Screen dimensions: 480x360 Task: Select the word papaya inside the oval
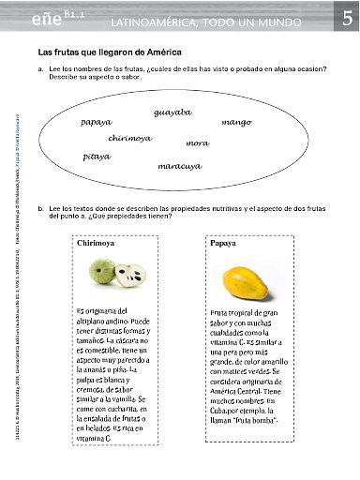(x=97, y=122)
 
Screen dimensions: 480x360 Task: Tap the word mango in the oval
(x=237, y=122)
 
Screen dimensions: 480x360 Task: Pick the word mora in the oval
(x=197, y=142)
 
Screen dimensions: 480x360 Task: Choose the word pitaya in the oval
(x=97, y=157)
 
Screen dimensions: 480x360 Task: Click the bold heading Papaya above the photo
(x=223, y=242)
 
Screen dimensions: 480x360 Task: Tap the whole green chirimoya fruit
(x=103, y=273)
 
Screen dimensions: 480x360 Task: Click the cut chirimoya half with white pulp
(x=129, y=275)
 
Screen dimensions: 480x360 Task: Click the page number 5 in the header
(x=346, y=19)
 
